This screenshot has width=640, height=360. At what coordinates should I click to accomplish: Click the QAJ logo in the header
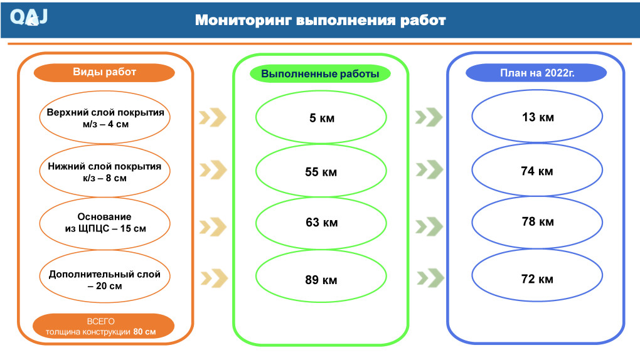29,17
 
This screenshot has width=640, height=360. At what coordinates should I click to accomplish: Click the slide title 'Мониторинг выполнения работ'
320,20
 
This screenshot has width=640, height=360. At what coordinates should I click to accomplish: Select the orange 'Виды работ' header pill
104,72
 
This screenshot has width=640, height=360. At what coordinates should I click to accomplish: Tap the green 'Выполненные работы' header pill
320,74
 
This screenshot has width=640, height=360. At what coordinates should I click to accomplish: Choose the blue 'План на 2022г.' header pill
536,73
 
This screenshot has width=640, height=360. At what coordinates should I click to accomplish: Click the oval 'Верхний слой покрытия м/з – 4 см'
105,119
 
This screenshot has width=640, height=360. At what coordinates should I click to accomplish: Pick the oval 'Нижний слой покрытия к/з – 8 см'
105,172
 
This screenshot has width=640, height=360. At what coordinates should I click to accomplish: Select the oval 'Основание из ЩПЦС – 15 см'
105,223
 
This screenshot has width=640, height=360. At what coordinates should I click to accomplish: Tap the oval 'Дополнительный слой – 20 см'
105,280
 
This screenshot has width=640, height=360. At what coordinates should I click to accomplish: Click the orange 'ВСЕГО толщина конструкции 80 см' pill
104,326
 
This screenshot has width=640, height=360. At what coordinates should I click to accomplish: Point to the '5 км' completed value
321,118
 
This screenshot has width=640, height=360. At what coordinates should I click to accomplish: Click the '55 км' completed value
321,172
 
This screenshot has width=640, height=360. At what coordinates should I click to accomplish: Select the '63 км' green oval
321,223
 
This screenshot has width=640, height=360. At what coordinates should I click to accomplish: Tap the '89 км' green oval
321,280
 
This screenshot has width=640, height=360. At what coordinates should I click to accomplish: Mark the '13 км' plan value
537,117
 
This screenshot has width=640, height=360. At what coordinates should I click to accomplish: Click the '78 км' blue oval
537,222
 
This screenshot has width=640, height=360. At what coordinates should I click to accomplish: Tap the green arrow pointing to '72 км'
430,277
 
